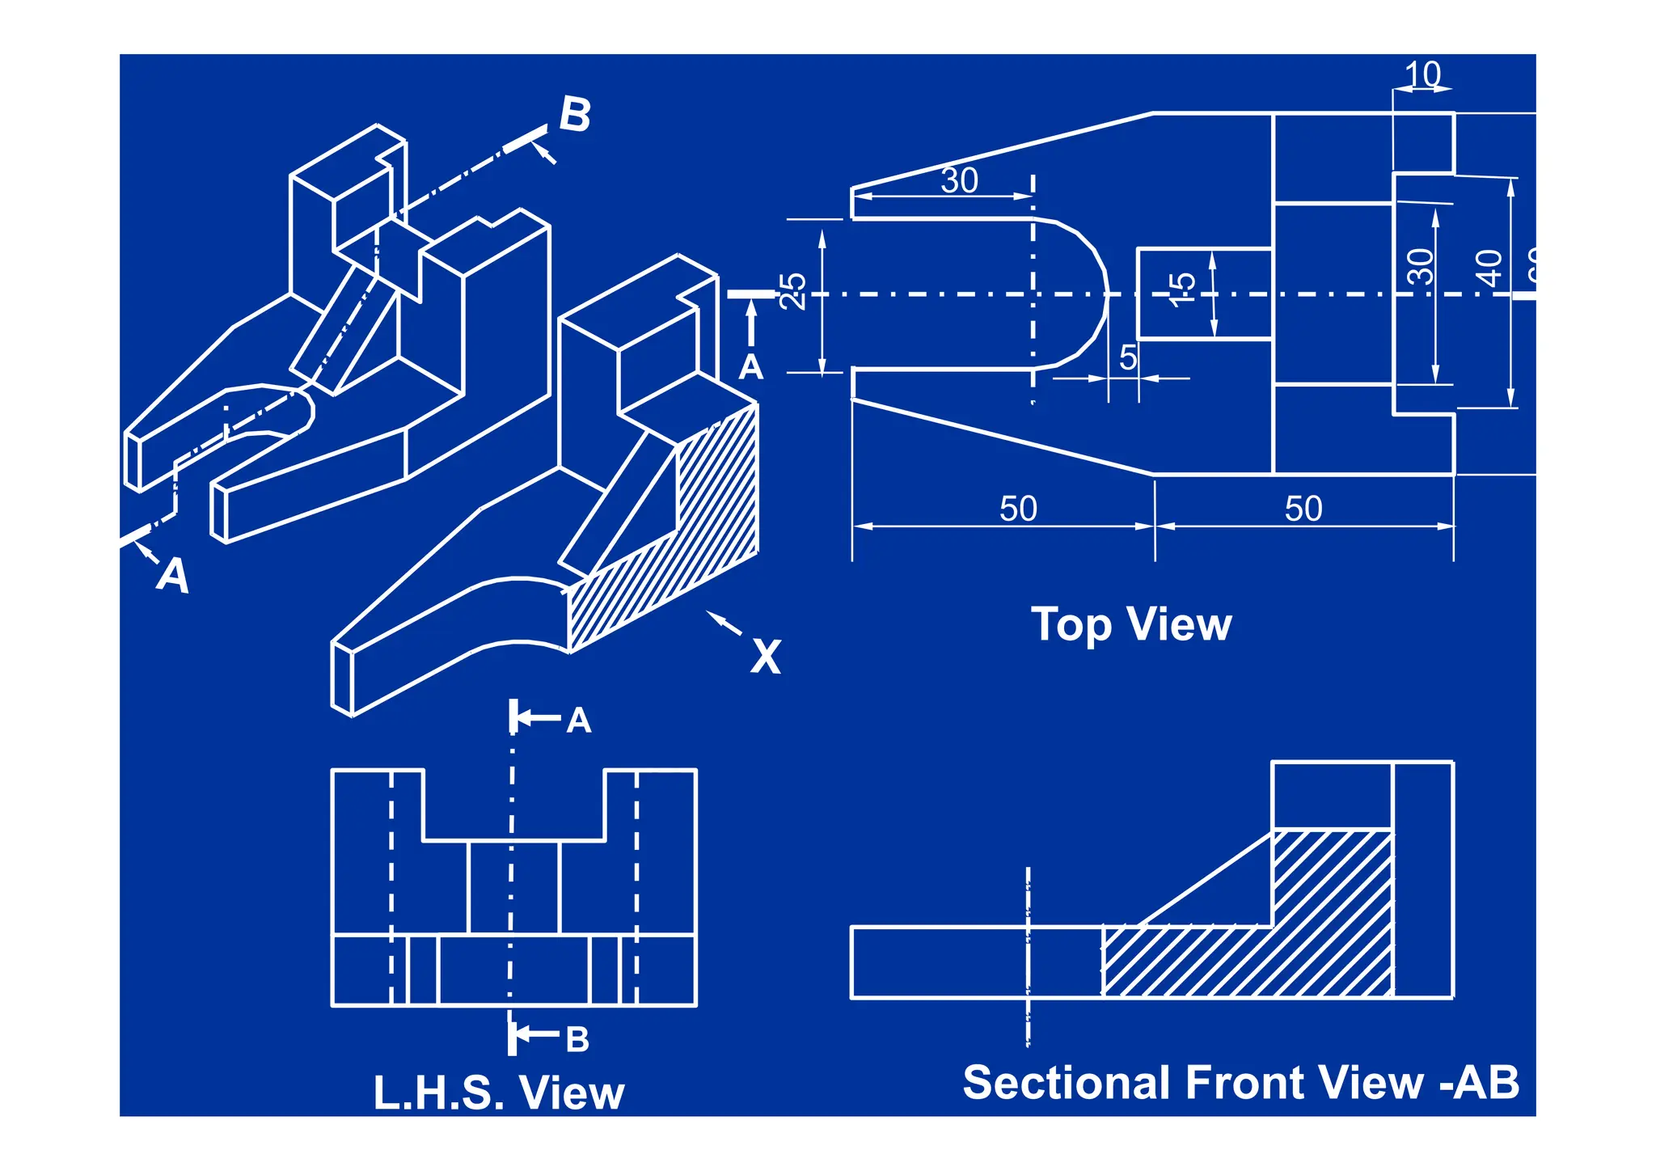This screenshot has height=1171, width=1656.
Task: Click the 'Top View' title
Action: tap(1130, 624)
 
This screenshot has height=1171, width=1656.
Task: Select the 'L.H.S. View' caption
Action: tap(498, 1093)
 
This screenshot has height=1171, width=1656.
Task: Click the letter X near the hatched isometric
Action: tap(765, 656)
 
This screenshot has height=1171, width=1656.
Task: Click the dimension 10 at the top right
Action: tap(1422, 74)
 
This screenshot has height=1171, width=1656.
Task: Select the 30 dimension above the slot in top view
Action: tap(959, 180)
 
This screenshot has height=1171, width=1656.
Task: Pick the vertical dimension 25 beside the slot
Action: tap(793, 291)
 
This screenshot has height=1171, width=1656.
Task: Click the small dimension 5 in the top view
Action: tap(1128, 357)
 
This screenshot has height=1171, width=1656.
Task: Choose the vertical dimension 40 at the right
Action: tap(1489, 268)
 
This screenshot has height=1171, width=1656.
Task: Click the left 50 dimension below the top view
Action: tap(1018, 509)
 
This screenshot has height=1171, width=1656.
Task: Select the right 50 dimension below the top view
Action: tap(1303, 509)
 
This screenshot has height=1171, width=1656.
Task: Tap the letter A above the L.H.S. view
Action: tap(578, 721)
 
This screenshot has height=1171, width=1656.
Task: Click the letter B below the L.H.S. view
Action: tap(577, 1039)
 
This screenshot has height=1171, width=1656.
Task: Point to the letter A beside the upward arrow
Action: tap(750, 368)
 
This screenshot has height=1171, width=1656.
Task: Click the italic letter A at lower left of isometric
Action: tap(172, 575)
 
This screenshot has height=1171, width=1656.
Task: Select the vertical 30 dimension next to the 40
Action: tap(1421, 267)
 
